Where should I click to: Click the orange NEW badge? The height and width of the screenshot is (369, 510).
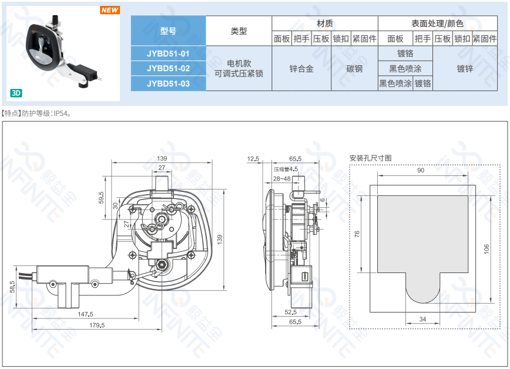110,10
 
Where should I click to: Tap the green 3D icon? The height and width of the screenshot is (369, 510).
16,93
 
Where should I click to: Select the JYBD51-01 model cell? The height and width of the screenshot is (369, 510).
168,53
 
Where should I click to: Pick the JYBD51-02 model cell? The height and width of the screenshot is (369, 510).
168,68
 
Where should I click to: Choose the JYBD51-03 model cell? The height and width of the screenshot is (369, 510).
168,84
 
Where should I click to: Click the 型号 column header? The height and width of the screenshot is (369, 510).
168,31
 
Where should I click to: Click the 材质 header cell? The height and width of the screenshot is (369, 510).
324,24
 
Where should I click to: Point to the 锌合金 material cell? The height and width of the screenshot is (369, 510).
301,68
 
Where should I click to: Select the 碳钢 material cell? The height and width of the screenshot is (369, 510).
354,68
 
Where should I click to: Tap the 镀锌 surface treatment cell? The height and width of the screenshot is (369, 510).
465,68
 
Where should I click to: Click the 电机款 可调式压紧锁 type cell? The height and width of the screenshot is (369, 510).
239,68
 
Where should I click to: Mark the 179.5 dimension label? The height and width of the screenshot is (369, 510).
96,325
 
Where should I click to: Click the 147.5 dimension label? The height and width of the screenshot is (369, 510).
86,314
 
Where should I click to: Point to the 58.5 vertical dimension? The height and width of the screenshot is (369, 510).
12,287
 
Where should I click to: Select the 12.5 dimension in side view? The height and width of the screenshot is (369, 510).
253,159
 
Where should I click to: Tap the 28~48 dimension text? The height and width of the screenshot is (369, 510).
281,178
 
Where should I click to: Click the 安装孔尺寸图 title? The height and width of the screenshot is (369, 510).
370,158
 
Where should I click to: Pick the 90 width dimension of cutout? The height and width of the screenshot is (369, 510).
421,170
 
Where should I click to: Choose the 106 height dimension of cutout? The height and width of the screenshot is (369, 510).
486,248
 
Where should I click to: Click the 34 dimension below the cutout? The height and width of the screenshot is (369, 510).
422,318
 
